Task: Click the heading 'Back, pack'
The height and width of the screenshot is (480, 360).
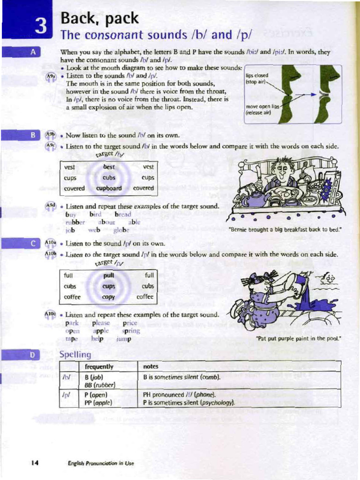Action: pos(99,18)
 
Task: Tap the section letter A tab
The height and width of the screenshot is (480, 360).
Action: pos(33,52)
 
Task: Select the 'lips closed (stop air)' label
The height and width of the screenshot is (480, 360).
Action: pos(257,79)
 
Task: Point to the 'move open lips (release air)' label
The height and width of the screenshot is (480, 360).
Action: pos(262,109)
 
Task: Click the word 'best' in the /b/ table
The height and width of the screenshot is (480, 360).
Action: pos(109,167)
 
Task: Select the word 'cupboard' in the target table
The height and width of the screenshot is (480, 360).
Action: pos(109,188)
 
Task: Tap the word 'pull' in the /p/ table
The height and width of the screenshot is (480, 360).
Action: pos(109,276)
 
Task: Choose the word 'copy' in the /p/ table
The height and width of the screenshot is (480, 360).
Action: pos(108,297)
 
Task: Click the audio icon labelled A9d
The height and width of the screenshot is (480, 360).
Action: pos(51,205)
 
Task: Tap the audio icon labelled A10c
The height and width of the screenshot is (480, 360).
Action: pos(50,314)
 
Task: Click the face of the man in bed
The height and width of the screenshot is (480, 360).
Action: pos(282,171)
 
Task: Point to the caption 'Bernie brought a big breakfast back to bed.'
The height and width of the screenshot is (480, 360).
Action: pos(285,229)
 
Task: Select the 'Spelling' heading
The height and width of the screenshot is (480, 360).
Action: pos(75,354)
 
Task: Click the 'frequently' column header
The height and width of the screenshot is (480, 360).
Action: pos(99,367)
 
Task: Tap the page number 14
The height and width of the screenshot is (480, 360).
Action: pos(34,463)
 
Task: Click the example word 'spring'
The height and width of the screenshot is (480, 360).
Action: pos(131,330)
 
